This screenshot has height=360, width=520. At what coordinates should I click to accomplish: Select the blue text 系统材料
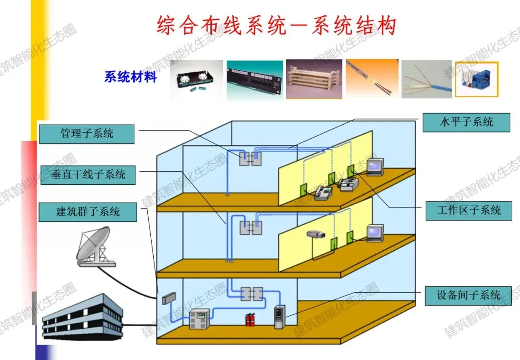coord(130,77)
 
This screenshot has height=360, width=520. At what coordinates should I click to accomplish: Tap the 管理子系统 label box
coord(87,134)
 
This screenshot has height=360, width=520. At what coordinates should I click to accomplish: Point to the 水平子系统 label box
coord(466,122)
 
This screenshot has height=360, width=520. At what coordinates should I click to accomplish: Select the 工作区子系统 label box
coord(468,211)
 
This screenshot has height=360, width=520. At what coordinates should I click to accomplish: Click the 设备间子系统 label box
coord(468,295)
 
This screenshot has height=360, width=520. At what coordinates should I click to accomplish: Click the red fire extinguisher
coord(250,319)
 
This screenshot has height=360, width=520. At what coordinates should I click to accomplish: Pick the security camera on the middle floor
coord(316,234)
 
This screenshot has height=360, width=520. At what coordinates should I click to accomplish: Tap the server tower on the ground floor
coord(279,317)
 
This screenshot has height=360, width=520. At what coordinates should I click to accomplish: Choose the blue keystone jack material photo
coord(477,79)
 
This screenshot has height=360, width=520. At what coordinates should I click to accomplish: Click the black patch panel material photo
coord(255,78)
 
